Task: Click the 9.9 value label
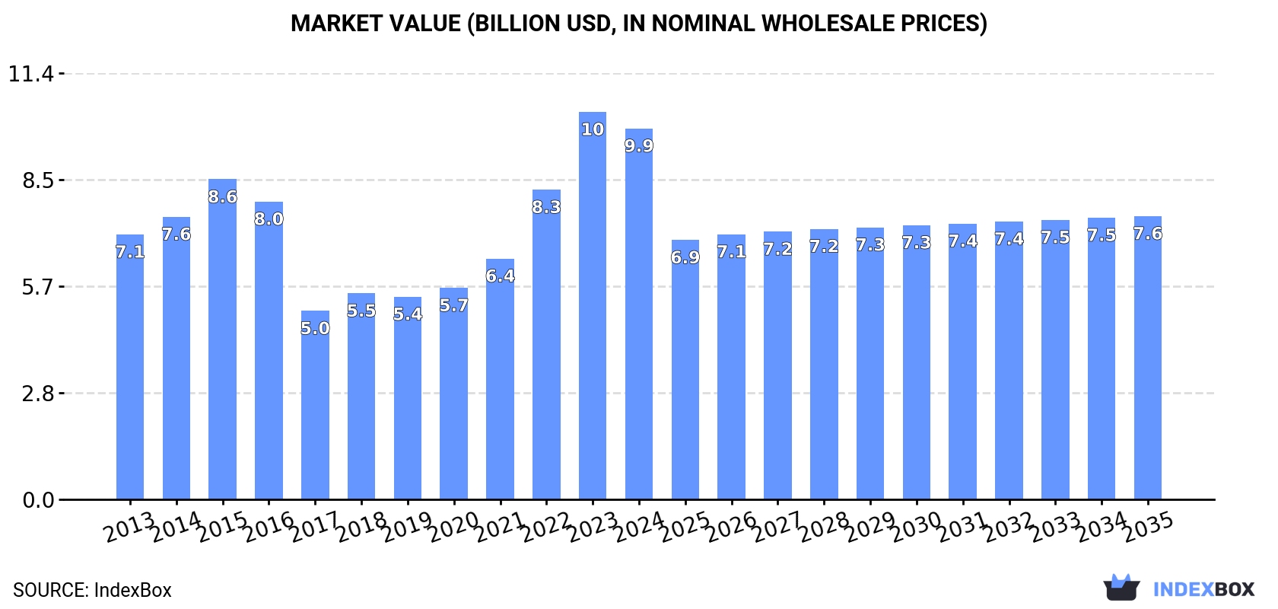pos(639,146)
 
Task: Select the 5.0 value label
pos(315,329)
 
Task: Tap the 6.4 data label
pos(500,276)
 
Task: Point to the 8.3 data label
pos(546,207)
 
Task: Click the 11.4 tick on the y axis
pos(31,75)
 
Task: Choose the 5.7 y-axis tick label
pos(38,288)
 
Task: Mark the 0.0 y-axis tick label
pos(38,501)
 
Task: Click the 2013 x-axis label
pos(129,528)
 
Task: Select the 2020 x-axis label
pos(453,528)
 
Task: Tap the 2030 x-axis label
pos(916,528)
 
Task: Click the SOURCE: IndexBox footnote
pos(92,591)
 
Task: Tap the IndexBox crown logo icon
pos(1121,588)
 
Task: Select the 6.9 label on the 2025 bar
pos(685,258)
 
